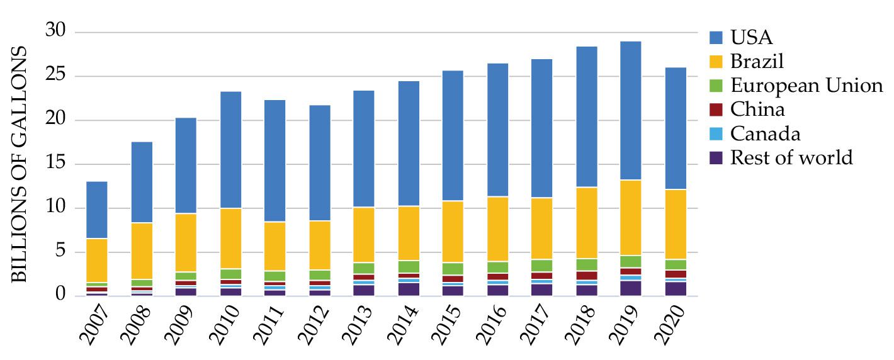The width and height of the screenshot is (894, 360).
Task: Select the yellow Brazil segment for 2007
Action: tap(97, 261)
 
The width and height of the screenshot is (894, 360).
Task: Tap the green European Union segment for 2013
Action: tap(364, 268)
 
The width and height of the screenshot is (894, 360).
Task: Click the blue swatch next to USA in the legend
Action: tap(716, 37)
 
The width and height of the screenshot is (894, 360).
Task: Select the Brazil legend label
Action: tap(757, 61)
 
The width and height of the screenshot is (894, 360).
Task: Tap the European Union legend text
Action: tap(806, 85)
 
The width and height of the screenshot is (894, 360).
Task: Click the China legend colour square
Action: tap(716, 110)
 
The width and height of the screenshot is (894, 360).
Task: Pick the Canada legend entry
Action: tap(765, 133)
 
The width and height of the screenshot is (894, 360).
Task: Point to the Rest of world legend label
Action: tap(791, 157)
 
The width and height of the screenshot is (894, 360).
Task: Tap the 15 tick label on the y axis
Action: tap(56, 164)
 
